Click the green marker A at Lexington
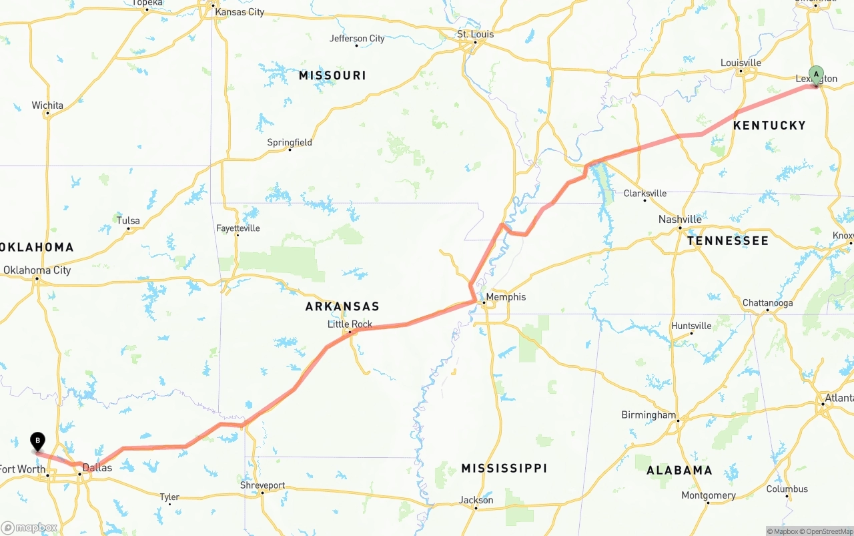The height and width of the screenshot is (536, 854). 816,75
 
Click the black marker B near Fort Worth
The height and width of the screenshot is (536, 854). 38,441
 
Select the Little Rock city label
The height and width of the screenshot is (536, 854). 350,324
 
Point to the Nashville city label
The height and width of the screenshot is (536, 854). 680,219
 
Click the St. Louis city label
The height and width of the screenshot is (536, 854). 475,34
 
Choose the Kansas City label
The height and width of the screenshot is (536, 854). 239,12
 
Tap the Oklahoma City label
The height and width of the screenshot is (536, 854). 37,270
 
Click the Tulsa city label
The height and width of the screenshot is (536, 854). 128,220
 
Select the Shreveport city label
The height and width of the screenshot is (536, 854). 262,485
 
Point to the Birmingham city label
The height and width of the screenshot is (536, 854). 649,415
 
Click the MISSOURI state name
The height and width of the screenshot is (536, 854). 332,75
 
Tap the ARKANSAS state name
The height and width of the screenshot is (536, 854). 342,306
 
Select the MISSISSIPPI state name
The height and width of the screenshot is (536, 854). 504,468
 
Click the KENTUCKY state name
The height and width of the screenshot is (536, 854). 769,125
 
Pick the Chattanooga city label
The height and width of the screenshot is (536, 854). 768,303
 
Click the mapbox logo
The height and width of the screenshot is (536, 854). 29,527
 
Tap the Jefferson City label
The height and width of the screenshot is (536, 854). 357,39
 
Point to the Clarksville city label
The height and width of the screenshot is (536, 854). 645,194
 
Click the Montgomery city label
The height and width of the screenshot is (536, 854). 709,495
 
